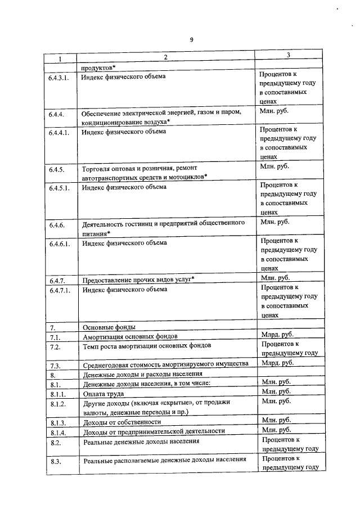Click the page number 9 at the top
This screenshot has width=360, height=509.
pyautogui.click(x=191, y=39)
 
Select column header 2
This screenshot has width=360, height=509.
pyautogui.click(x=165, y=57)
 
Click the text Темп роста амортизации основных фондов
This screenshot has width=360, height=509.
pyautogui.click(x=147, y=345)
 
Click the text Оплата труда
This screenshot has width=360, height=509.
pyautogui.click(x=103, y=394)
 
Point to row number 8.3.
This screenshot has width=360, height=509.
pyautogui.click(x=55, y=461)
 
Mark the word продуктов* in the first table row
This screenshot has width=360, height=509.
pyautogui.click(x=98, y=66)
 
